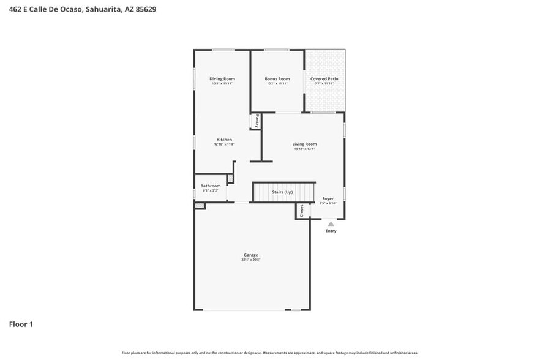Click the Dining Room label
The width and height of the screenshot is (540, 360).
pyautogui.click(x=222, y=79)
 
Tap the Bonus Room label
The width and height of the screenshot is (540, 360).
pyautogui.click(x=277, y=79)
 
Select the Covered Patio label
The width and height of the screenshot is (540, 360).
pyautogui.click(x=324, y=79)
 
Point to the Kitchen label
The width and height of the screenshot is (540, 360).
pyautogui.click(x=224, y=140)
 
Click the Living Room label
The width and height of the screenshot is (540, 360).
pyautogui.click(x=304, y=144)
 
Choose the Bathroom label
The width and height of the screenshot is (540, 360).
pyautogui.click(x=210, y=186)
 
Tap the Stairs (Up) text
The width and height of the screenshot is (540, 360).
pyautogui.click(x=282, y=192)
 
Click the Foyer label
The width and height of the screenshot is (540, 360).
pyautogui.click(x=328, y=198)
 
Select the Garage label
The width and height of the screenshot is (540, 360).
pyautogui.click(x=250, y=255)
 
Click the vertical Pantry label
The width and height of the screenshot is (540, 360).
pyautogui.click(x=257, y=121)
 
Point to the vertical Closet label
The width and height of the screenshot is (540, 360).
pyautogui.click(x=301, y=211)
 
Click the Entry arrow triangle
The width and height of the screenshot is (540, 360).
pyautogui.click(x=331, y=224)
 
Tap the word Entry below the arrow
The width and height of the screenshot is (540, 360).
pyautogui.click(x=331, y=231)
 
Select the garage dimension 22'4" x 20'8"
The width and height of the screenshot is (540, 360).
pyautogui.click(x=250, y=260)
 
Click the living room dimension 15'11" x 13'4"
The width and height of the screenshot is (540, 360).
pyautogui.click(x=304, y=149)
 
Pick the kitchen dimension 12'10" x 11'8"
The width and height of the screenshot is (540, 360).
pyautogui.click(x=224, y=144)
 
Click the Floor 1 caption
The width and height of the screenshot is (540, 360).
pyautogui.click(x=21, y=324)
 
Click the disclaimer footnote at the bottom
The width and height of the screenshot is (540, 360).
pyautogui.click(x=269, y=353)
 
